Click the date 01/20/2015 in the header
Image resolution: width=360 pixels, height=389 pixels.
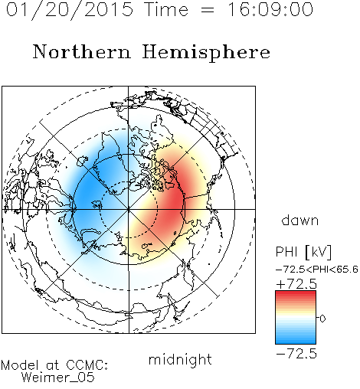70,10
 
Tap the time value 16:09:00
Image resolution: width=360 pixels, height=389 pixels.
270,9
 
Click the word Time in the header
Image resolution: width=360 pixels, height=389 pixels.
166,9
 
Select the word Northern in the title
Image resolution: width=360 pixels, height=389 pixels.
82,51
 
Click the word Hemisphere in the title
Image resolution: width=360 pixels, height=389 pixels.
206,53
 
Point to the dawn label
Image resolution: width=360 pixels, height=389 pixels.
300,220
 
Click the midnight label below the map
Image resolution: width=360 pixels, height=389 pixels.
180,359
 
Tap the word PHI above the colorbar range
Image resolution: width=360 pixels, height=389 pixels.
286,252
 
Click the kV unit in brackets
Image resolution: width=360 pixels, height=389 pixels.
319,252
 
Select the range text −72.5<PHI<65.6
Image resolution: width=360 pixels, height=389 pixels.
317,270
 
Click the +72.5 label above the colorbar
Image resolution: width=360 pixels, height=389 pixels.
296,284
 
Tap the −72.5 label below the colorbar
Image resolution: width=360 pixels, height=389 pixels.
296,354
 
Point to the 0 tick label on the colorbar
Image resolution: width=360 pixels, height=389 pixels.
322,319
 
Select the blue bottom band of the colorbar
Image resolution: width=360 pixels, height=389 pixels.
296,339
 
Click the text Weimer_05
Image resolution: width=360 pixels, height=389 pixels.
58,377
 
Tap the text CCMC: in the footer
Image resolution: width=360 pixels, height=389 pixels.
87,365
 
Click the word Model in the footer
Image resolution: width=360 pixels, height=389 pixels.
20,365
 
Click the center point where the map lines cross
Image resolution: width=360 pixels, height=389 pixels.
129,209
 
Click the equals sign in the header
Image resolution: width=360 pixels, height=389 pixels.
208,11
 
